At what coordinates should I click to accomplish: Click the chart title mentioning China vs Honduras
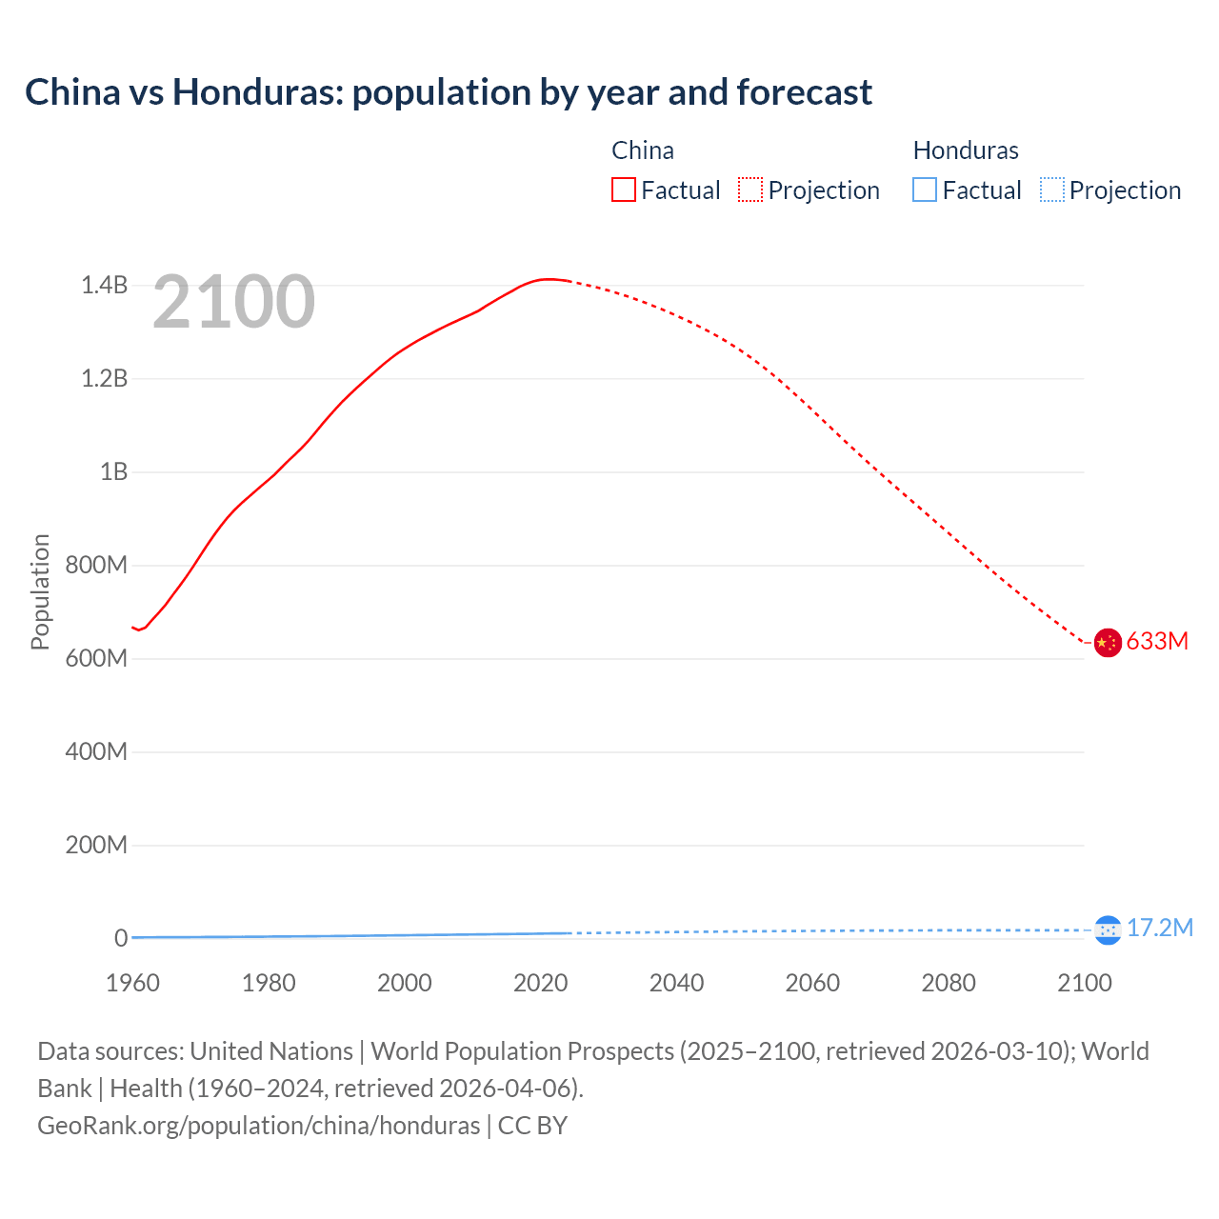448,92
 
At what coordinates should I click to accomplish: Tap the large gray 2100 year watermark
233,302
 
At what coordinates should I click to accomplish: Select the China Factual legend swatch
623,190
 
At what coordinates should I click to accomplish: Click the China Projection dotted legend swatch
750,190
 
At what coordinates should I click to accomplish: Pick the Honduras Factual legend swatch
924,190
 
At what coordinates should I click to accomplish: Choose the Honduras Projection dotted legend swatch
1052,190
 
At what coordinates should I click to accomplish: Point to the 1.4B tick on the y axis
104,285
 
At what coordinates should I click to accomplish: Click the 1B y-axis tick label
113,471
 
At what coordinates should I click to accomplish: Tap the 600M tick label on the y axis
96,658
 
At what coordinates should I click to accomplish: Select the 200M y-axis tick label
96,845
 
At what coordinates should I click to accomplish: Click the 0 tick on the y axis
121,938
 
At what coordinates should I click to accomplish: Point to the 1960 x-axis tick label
132,983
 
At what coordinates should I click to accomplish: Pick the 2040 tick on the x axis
676,983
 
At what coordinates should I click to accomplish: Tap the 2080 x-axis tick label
949,983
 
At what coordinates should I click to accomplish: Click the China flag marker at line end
1107,643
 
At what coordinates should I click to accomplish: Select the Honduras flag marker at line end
1107,929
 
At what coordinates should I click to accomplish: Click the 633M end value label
1157,642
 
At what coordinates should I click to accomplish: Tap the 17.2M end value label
1160,928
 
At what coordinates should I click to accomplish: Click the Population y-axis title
40,591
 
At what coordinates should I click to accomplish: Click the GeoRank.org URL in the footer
258,1126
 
